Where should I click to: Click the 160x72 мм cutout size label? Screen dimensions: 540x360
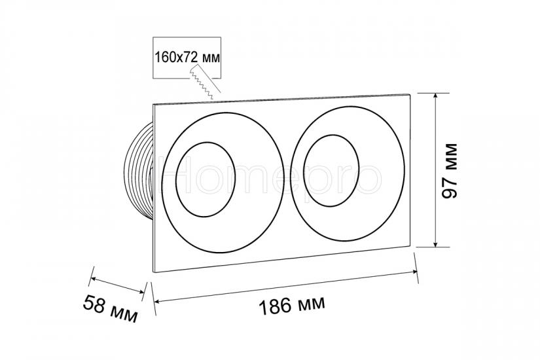(x=187, y=57)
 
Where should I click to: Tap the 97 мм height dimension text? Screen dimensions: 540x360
(x=450, y=171)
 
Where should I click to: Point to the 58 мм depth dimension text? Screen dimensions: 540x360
(x=110, y=309)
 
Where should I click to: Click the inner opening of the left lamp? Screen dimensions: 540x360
(x=206, y=179)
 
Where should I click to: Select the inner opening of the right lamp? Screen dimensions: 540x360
(x=331, y=171)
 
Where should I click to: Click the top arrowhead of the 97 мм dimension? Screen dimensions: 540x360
(x=436, y=96)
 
